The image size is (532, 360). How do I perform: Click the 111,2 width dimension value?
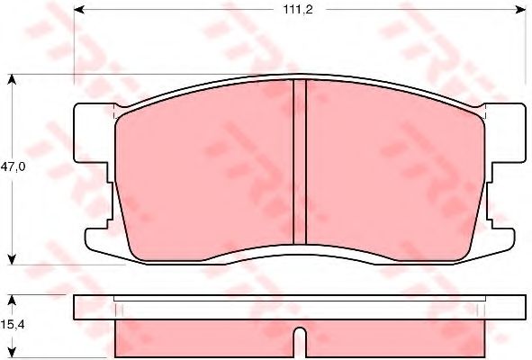point(298,10)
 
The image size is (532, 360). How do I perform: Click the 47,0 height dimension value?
point(13,166)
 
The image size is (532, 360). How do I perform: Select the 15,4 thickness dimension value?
point(13,325)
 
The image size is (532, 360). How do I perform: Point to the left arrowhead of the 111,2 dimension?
point(79,10)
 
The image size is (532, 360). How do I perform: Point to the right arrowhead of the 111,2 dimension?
point(521,10)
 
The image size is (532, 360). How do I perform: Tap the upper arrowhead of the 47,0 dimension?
point(12,79)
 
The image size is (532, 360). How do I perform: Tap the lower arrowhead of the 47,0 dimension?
point(12,259)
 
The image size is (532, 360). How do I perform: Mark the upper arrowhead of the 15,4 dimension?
point(12,300)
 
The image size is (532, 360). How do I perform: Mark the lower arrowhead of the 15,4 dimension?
point(12,353)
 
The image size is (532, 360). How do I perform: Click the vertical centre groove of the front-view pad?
point(300,162)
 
